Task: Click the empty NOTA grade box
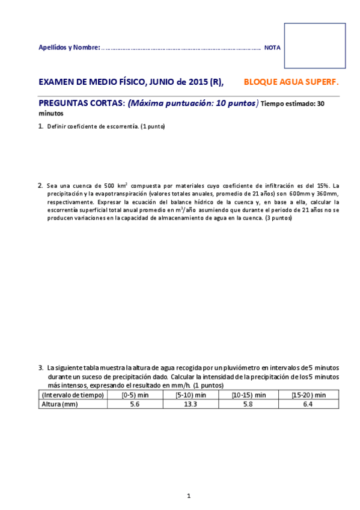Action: click(x=314, y=46)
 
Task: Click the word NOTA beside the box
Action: click(x=272, y=47)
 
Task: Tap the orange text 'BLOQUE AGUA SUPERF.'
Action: click(x=291, y=82)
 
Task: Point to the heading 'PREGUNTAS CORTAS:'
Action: click(x=82, y=103)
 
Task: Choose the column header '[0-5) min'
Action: click(x=133, y=395)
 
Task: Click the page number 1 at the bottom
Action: click(x=188, y=496)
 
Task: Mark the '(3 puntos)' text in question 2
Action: click(x=278, y=218)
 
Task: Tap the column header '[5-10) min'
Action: click(x=191, y=395)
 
